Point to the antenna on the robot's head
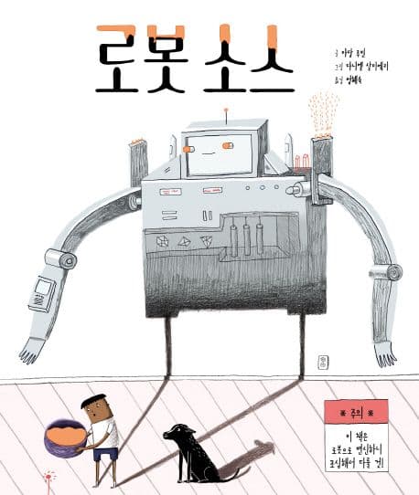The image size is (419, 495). click(225, 114)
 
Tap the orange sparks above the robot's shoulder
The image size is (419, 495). click(321, 113)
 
